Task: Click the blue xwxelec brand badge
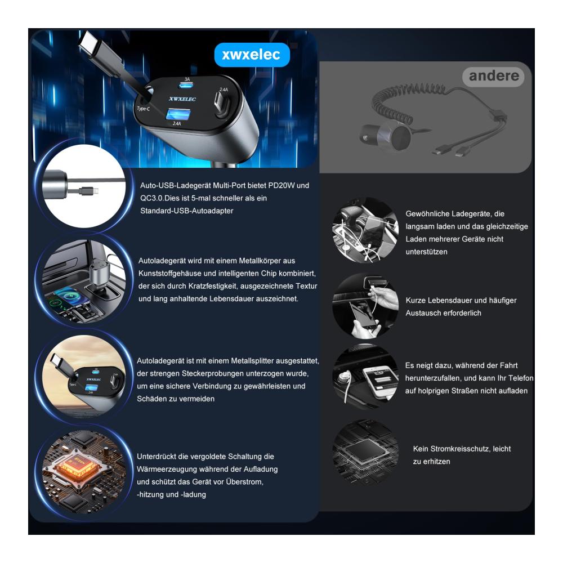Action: [x=252, y=55]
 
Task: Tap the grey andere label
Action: [x=494, y=76]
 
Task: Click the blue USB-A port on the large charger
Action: [x=178, y=115]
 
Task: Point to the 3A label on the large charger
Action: [x=187, y=79]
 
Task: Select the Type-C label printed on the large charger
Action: [x=144, y=109]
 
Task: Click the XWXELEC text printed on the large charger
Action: [x=182, y=99]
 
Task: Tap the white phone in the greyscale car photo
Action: [x=381, y=381]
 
